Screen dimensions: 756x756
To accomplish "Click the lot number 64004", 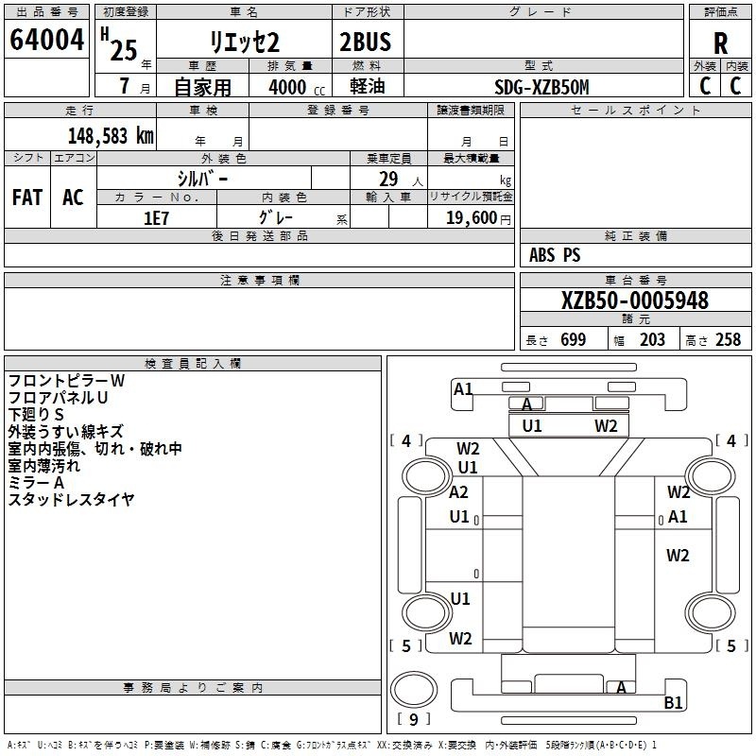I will [46, 41].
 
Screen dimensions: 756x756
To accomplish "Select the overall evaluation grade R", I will [720, 43].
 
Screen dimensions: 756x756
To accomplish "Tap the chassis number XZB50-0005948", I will [634, 301].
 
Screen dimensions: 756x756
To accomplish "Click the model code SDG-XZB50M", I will [541, 87].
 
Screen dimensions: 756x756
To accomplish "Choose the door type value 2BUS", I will [365, 42].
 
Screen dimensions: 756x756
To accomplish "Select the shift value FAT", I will [26, 198].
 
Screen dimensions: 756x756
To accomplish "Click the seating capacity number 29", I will [387, 178].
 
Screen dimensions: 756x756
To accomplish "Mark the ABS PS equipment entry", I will [555, 255].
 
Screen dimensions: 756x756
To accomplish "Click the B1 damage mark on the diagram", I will [673, 702].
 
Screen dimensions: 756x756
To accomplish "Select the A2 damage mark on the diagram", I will [459, 492].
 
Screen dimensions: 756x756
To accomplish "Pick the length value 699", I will [573, 340].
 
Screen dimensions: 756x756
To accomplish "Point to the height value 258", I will [728, 340].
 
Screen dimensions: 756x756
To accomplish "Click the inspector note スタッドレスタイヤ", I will [72, 499].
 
